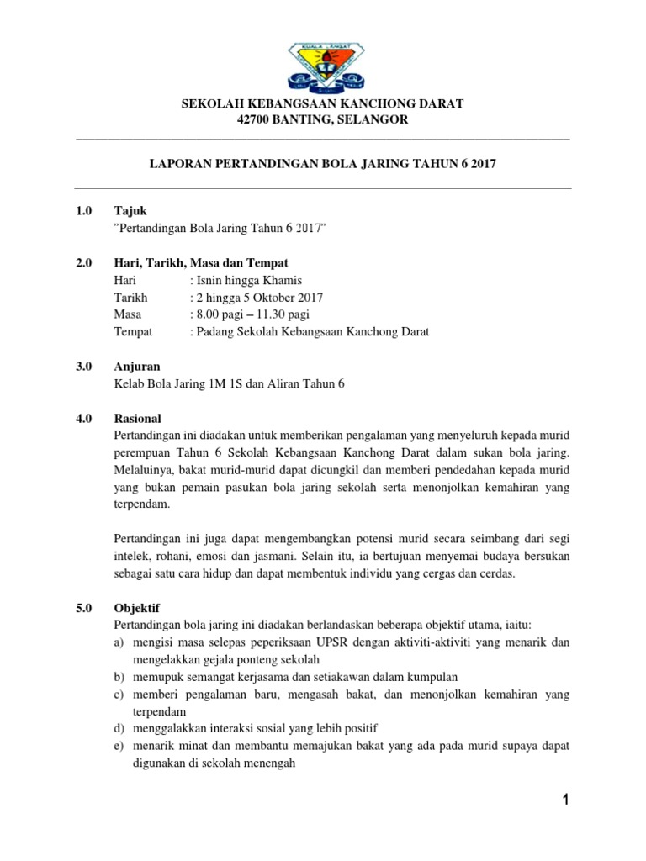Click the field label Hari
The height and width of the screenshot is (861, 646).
point(124,280)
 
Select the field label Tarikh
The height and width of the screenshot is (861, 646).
point(130,298)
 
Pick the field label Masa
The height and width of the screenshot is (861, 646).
point(127,314)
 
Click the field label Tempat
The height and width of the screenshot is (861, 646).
point(133,331)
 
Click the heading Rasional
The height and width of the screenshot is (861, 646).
point(137,418)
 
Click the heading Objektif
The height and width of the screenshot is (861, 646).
point(136,606)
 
